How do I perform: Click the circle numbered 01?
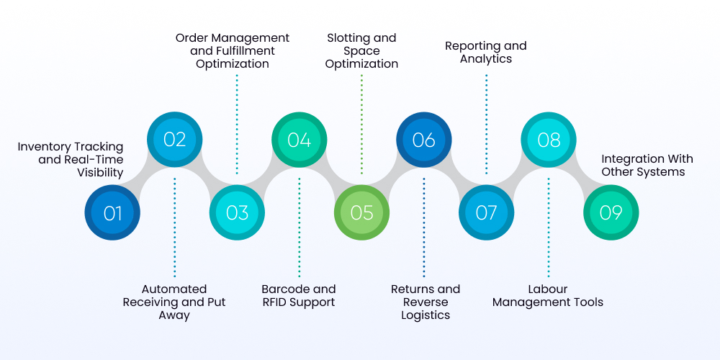(x=112, y=213)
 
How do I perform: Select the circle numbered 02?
(x=174, y=140)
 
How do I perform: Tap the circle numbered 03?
(x=237, y=213)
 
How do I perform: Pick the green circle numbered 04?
(x=299, y=140)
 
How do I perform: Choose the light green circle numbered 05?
(x=361, y=213)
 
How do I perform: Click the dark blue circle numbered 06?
(x=424, y=140)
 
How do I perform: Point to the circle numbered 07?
(x=487, y=213)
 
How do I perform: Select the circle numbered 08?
(x=549, y=140)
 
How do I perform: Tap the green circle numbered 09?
(x=611, y=213)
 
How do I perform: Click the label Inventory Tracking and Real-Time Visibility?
(x=71, y=160)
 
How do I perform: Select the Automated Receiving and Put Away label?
(x=174, y=302)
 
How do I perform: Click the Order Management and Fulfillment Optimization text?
(x=233, y=50)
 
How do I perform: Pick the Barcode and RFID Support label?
(x=299, y=295)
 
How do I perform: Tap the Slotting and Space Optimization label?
(x=361, y=50)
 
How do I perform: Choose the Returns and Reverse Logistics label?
(x=425, y=302)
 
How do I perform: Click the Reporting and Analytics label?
(x=486, y=52)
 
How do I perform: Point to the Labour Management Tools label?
(x=548, y=295)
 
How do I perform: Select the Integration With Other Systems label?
(x=647, y=166)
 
